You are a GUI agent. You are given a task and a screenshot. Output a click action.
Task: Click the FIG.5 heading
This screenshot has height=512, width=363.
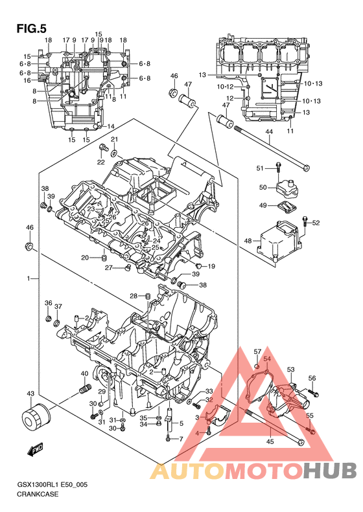click(x=31, y=28)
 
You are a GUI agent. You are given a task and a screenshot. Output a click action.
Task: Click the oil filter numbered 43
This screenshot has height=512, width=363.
click(x=36, y=417)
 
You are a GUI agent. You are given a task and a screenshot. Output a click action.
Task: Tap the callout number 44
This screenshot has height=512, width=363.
click(x=269, y=132)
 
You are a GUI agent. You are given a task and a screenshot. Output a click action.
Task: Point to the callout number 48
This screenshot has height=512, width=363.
click(x=248, y=241)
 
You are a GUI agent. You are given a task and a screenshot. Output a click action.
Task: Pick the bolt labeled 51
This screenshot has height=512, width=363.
click(x=278, y=168)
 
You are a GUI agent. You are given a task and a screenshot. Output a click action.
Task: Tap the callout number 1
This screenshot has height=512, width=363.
click(x=28, y=278)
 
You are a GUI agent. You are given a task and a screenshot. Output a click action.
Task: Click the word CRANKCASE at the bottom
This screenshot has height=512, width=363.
click(x=38, y=494)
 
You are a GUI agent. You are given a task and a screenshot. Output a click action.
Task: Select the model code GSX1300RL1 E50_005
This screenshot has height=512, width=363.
click(x=52, y=485)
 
